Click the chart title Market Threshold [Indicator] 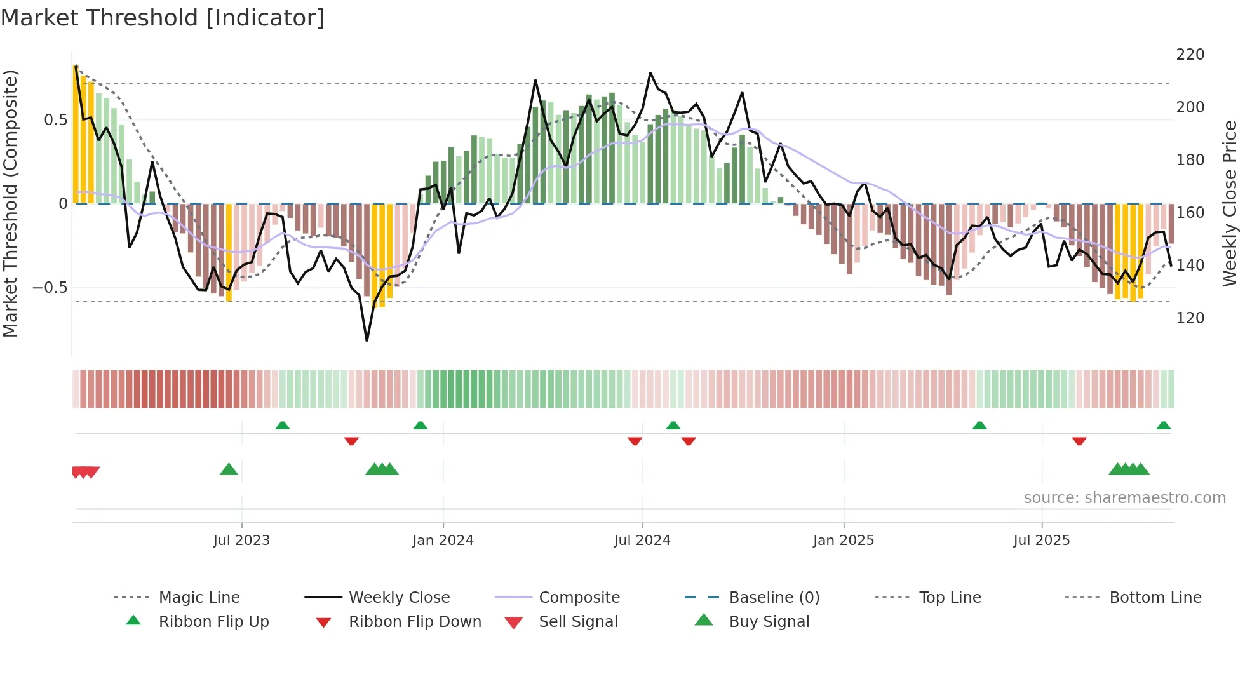click(x=163, y=18)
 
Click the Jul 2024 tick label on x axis click(x=642, y=541)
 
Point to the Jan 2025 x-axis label click(x=843, y=541)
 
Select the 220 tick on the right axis click(x=1190, y=55)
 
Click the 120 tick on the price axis click(x=1190, y=318)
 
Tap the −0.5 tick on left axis click(x=50, y=288)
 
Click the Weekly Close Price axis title click(x=1230, y=203)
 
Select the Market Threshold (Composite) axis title click(x=10, y=203)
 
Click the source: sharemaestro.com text click(x=1124, y=498)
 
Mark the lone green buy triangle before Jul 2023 click(x=229, y=469)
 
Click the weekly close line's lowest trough click(x=367, y=340)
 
